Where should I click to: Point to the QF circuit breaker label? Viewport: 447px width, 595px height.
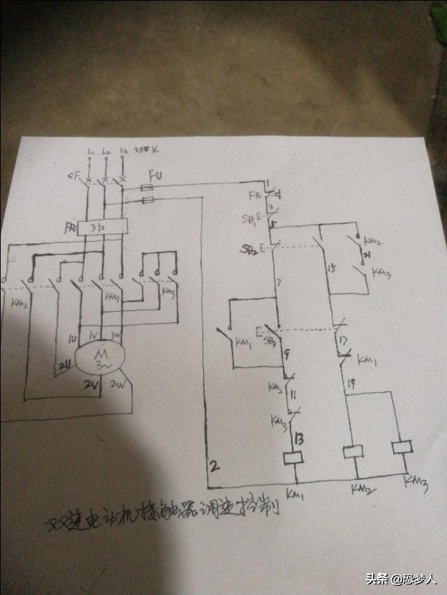tap(73, 175)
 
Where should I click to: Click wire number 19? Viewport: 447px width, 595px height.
tap(351, 384)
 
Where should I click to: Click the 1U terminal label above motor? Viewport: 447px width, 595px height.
tap(71, 339)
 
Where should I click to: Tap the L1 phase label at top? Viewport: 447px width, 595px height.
tap(90, 151)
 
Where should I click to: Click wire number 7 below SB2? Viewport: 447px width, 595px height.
tap(279, 283)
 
